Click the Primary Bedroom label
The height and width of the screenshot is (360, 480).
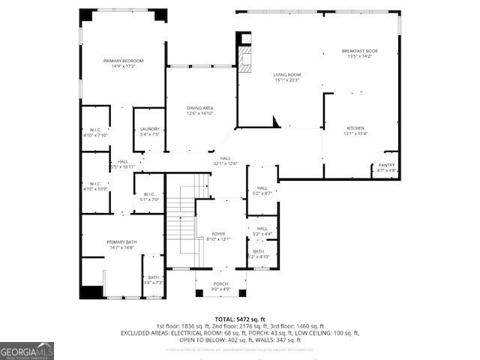(123, 61)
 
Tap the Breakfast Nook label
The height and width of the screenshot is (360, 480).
(360, 51)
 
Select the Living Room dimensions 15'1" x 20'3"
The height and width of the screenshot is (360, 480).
(286, 80)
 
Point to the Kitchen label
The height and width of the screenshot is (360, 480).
(355, 127)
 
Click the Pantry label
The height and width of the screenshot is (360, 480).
(386, 164)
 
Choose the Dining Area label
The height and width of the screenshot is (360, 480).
(200, 108)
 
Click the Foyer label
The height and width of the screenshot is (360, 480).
(219, 234)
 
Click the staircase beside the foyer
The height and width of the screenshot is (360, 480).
(180, 221)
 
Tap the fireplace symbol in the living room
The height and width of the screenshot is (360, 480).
(242, 60)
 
